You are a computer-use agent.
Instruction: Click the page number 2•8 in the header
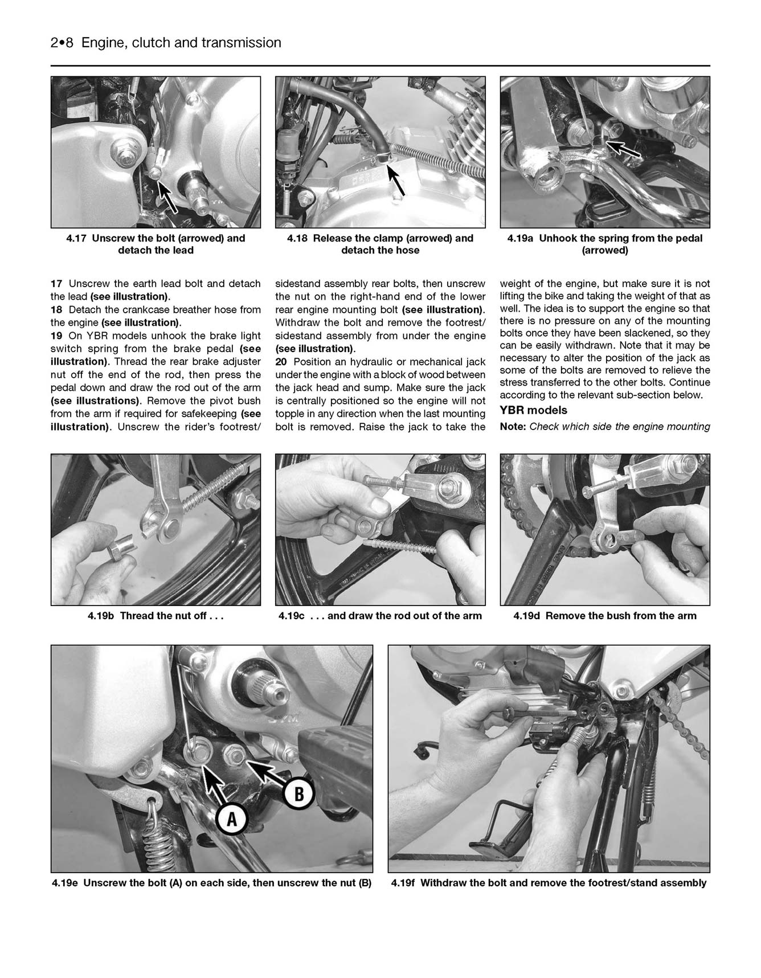pyautogui.click(x=62, y=43)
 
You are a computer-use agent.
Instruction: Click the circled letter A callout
pyautogui.click(x=232, y=819)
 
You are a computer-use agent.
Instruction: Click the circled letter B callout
pyautogui.click(x=299, y=793)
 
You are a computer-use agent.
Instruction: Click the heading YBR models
pyautogui.click(x=533, y=410)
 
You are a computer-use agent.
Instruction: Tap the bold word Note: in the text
pyautogui.click(x=513, y=427)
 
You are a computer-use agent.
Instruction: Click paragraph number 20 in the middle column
pyautogui.click(x=281, y=362)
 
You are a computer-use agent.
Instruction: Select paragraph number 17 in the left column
pyautogui.click(x=56, y=284)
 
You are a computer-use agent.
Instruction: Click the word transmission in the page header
pyautogui.click(x=246, y=43)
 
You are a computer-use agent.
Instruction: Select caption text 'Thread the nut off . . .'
pyautogui.click(x=171, y=616)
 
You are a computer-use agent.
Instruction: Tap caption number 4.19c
pyautogui.click(x=292, y=616)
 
